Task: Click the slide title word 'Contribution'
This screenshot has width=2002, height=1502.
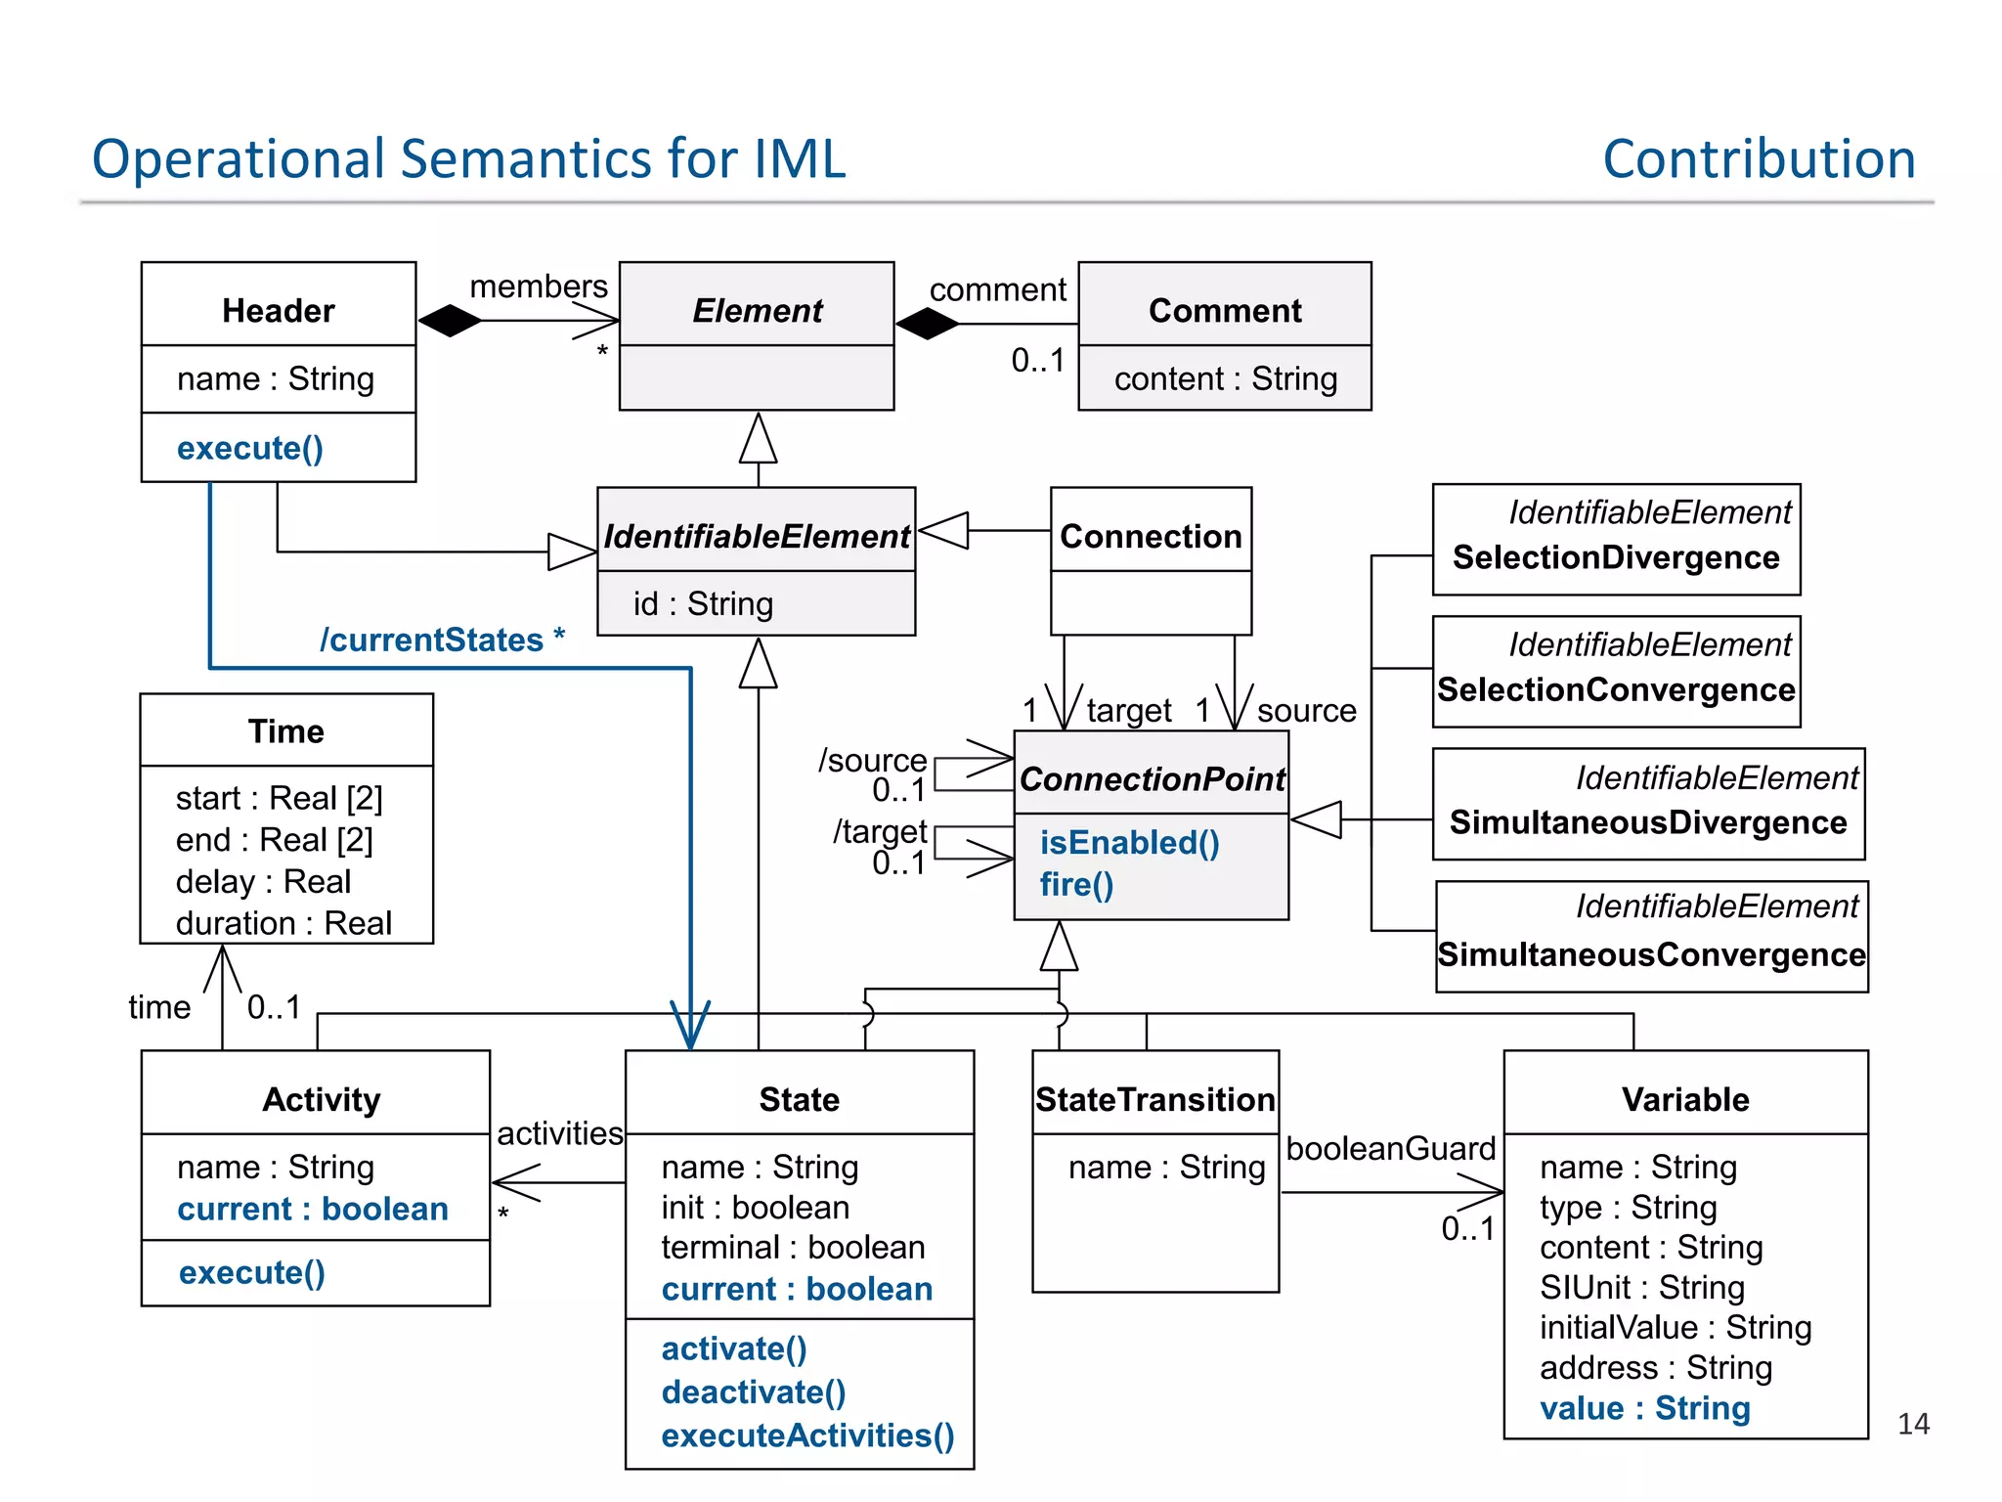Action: point(1758,158)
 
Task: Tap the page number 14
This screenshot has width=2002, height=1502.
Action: point(1912,1423)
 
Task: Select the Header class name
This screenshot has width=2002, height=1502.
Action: point(279,310)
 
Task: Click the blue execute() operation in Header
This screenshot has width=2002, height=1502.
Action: point(250,448)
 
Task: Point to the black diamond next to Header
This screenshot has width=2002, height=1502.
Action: point(450,320)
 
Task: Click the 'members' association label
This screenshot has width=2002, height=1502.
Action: point(539,287)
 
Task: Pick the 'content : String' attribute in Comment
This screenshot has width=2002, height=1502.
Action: point(1225,378)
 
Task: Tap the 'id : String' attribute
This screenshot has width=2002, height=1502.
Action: point(703,603)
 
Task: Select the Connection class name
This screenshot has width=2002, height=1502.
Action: point(1151,536)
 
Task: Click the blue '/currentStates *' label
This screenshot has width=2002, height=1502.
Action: point(442,640)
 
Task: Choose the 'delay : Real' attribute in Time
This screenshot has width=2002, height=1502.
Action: point(263,881)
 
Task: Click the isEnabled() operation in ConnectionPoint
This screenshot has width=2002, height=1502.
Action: point(1129,842)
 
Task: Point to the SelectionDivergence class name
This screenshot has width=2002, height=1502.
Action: point(1615,557)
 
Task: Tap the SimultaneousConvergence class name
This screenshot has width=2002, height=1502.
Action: point(1651,954)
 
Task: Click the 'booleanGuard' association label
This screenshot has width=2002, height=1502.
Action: point(1390,1148)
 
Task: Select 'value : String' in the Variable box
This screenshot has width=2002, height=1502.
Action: point(1644,1408)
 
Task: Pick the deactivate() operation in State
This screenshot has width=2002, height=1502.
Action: point(753,1392)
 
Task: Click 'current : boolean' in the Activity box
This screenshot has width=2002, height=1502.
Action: point(313,1209)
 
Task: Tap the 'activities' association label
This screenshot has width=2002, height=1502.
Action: point(559,1132)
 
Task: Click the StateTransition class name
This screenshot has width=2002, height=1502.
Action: point(1154,1099)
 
